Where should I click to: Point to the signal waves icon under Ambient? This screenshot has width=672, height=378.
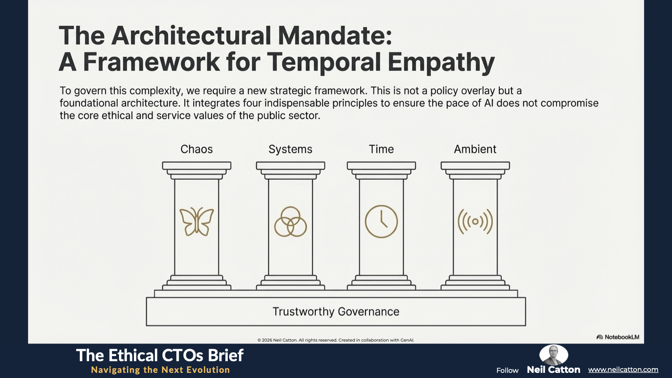pos(475,222)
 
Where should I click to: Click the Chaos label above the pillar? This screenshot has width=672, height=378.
pos(196,149)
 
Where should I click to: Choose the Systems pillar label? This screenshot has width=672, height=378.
pos(290,149)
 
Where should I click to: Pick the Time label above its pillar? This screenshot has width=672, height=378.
pos(381,149)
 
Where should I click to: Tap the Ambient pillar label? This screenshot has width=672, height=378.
pos(475,149)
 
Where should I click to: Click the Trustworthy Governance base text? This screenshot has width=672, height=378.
pos(336,312)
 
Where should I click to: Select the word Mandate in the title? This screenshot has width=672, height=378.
pos(335,35)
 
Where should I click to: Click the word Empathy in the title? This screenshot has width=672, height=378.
pos(441,63)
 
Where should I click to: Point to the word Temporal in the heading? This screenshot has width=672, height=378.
pos(324,63)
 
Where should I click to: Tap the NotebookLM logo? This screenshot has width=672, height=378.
pos(618,337)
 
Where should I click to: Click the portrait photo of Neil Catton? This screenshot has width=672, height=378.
pos(553,355)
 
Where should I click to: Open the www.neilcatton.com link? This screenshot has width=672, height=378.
pos(623,370)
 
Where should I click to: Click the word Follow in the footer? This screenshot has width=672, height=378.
pos(507,371)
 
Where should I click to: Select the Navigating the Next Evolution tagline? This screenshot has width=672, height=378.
pos(161,370)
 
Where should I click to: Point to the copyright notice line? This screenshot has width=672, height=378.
pos(336,340)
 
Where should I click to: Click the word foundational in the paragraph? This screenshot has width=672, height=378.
pos(89,103)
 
